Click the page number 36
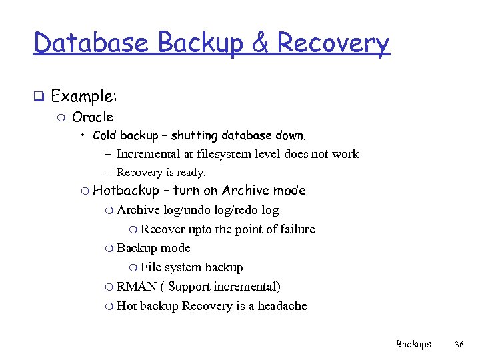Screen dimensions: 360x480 [459, 344]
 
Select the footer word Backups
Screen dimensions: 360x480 [413, 344]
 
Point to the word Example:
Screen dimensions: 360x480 [84, 96]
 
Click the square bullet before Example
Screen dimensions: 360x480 [39, 97]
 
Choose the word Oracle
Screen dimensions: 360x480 [92, 117]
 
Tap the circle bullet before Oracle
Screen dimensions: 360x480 [62, 118]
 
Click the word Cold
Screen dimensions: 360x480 [104, 135]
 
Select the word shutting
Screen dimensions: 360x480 [194, 135]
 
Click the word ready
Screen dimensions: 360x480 [191, 172]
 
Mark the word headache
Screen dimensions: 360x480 [283, 306]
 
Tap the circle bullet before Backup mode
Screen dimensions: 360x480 [109, 249]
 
